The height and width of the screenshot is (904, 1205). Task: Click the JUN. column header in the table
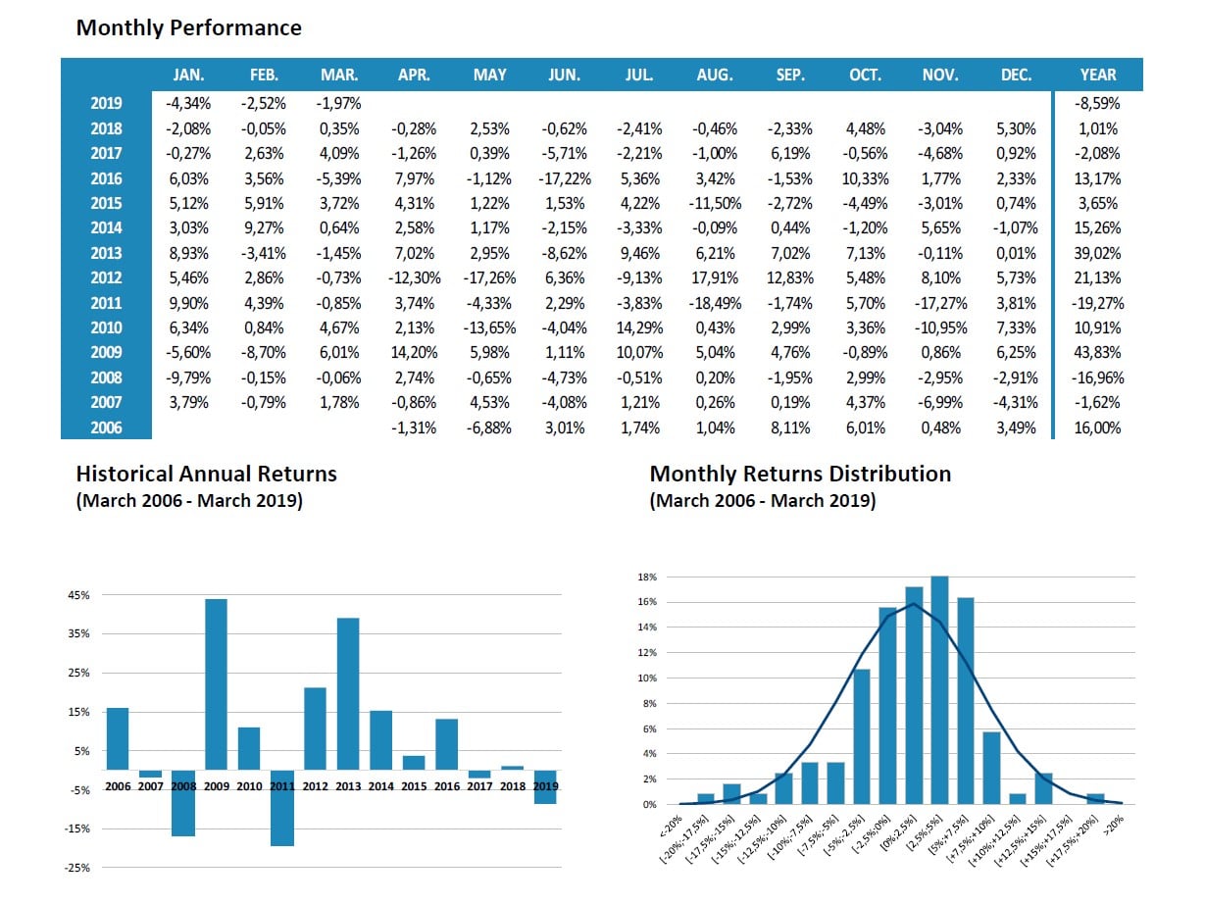(564, 75)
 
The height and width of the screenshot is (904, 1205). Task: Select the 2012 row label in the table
(106, 278)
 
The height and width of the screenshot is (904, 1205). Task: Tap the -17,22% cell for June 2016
(564, 178)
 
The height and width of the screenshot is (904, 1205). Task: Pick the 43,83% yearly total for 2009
(1098, 353)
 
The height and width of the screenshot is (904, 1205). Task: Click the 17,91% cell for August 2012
(715, 278)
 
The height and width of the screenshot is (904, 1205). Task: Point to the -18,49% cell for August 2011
(715, 303)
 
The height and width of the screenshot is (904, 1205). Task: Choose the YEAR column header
(1098, 75)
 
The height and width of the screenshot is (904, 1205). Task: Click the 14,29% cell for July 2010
(639, 328)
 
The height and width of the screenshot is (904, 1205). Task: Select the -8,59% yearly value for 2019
(1098, 104)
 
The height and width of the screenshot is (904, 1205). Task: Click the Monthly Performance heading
(188, 27)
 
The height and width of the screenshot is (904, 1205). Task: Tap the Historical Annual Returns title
(206, 475)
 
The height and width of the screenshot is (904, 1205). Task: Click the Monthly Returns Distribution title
(800, 475)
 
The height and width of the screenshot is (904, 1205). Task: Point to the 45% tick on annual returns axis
(79, 595)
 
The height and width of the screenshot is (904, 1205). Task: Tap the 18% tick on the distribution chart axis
(647, 578)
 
